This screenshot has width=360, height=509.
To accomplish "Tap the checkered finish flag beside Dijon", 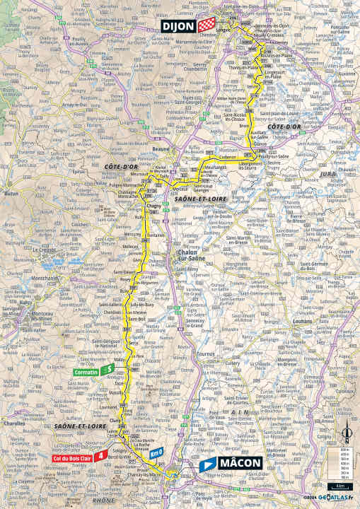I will coord(205,25).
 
